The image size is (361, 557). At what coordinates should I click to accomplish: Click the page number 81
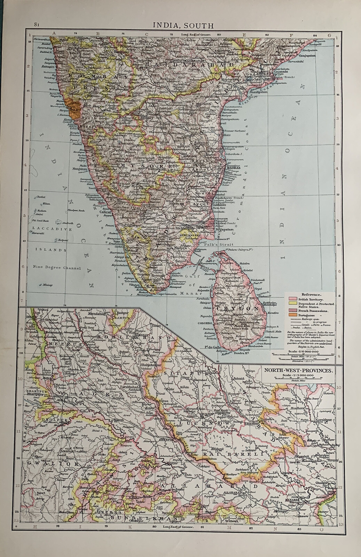click(x=37, y=24)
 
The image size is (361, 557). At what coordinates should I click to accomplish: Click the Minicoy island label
click(x=48, y=285)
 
